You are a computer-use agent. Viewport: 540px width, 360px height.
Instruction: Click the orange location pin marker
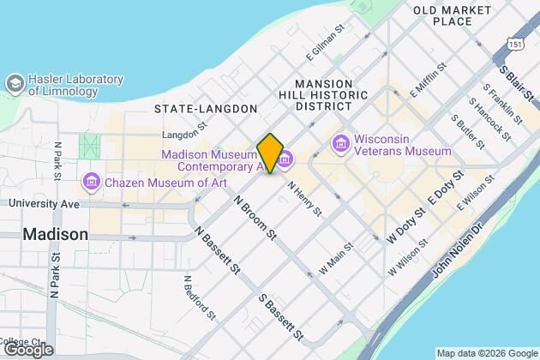point(270,153)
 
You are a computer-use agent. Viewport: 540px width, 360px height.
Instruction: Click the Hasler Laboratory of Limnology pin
point(15,83)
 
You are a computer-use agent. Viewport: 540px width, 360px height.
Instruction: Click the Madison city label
point(56,234)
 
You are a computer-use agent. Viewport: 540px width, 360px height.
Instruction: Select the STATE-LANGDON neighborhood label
point(206,109)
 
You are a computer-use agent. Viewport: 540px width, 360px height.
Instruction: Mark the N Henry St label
point(304,198)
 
